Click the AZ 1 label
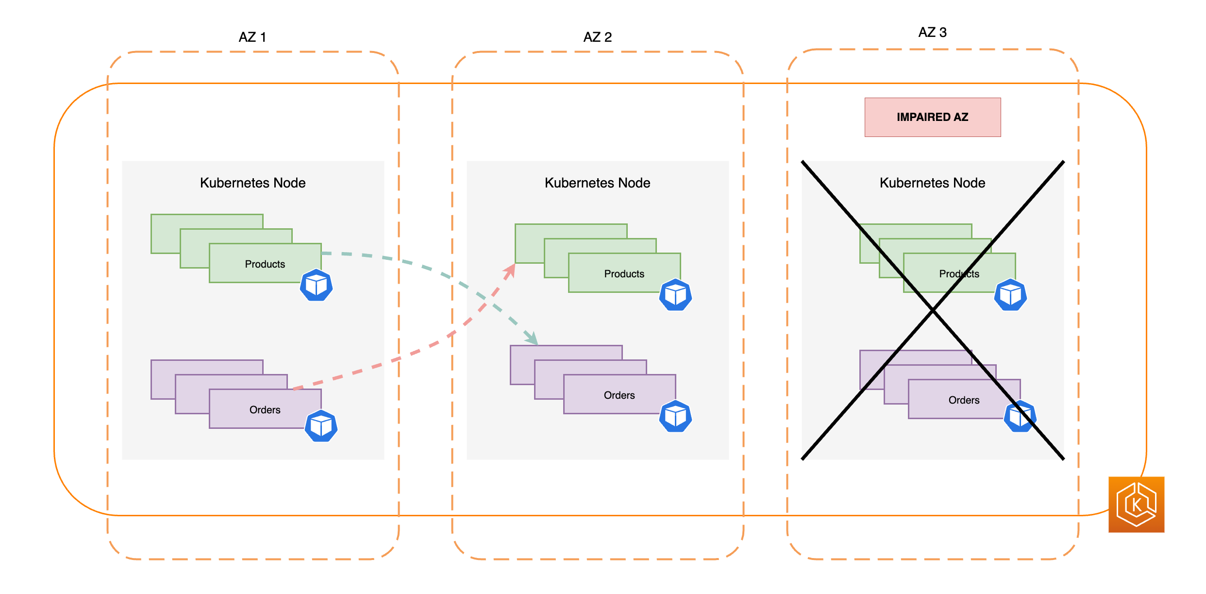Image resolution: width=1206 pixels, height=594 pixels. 252,37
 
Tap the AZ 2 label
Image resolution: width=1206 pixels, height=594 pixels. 597,37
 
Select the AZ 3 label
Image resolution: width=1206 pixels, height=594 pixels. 932,33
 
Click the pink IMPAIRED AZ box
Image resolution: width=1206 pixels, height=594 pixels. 932,117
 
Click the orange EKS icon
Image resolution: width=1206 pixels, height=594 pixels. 1136,505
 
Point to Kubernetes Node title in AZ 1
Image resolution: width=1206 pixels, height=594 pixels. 252,183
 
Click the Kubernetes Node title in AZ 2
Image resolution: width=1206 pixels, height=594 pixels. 597,183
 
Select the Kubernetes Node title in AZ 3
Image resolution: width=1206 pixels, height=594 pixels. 932,183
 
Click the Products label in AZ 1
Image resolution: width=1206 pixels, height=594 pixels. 265,264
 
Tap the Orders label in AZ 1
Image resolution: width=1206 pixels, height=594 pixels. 265,410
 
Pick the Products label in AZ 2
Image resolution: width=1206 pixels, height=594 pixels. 624,274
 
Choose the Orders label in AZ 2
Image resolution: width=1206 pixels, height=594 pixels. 619,395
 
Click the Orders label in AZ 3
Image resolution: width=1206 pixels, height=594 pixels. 964,400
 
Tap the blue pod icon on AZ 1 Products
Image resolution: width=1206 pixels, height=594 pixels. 316,285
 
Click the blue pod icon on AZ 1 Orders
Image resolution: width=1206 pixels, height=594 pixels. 321,426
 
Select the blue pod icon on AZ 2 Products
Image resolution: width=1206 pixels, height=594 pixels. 675,295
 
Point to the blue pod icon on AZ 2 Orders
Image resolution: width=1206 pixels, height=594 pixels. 675,416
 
